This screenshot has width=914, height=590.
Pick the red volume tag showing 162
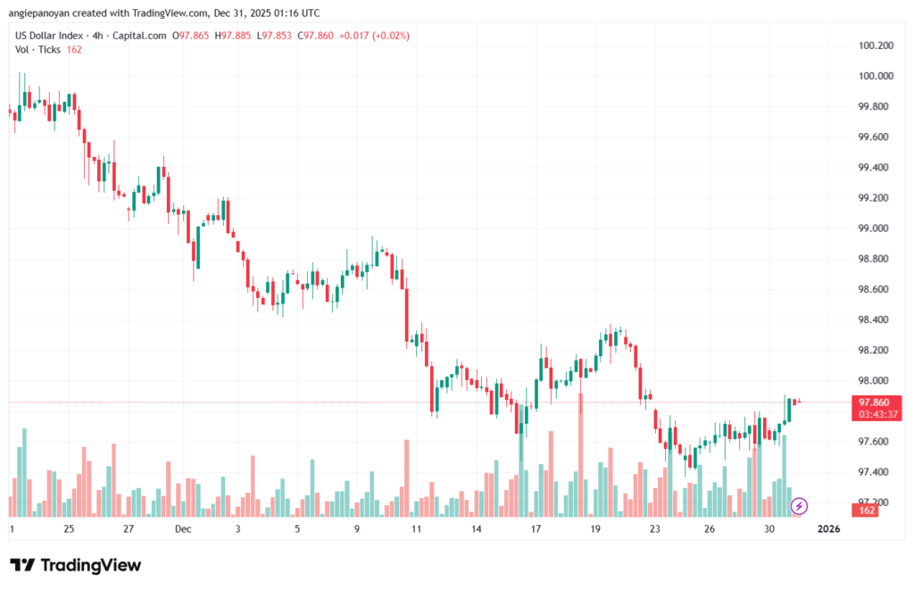point(866,510)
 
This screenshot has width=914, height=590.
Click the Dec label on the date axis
point(183,529)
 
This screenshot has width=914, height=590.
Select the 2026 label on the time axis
point(828,529)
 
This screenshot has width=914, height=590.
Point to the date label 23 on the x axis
point(654,529)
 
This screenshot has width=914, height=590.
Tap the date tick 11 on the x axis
point(416,529)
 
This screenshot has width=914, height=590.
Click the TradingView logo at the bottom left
point(75,565)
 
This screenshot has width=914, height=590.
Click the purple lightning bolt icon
point(800,506)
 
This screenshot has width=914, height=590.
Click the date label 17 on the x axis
point(536,529)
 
